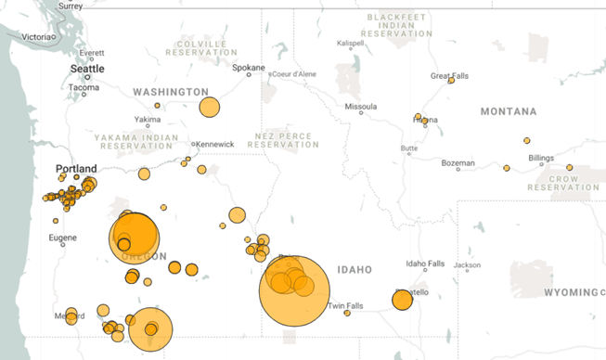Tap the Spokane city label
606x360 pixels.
(248, 67)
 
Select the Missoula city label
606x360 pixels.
(360, 107)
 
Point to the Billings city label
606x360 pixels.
(541, 158)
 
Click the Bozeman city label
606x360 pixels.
(458, 163)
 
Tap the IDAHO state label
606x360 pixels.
(355, 270)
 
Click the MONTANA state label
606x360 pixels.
(508, 111)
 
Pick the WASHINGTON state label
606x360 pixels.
(171, 92)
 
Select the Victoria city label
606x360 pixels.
(37, 36)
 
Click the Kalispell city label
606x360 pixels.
(351, 43)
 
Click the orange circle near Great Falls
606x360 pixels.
(451, 81)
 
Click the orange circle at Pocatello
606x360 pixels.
(402, 300)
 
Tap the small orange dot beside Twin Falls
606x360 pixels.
(347, 314)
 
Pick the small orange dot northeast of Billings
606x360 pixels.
(570, 168)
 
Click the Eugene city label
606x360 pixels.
(63, 238)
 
